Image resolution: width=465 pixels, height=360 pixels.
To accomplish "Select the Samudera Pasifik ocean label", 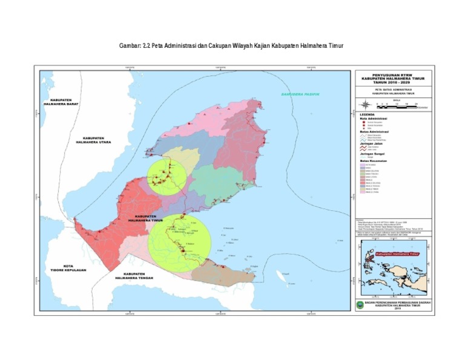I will point(299,95).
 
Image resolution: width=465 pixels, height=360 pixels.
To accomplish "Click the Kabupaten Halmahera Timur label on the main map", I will point(147,219).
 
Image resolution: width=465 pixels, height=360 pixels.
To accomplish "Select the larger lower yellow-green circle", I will point(180,241).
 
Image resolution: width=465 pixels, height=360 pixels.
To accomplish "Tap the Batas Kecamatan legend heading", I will point(375,160).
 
